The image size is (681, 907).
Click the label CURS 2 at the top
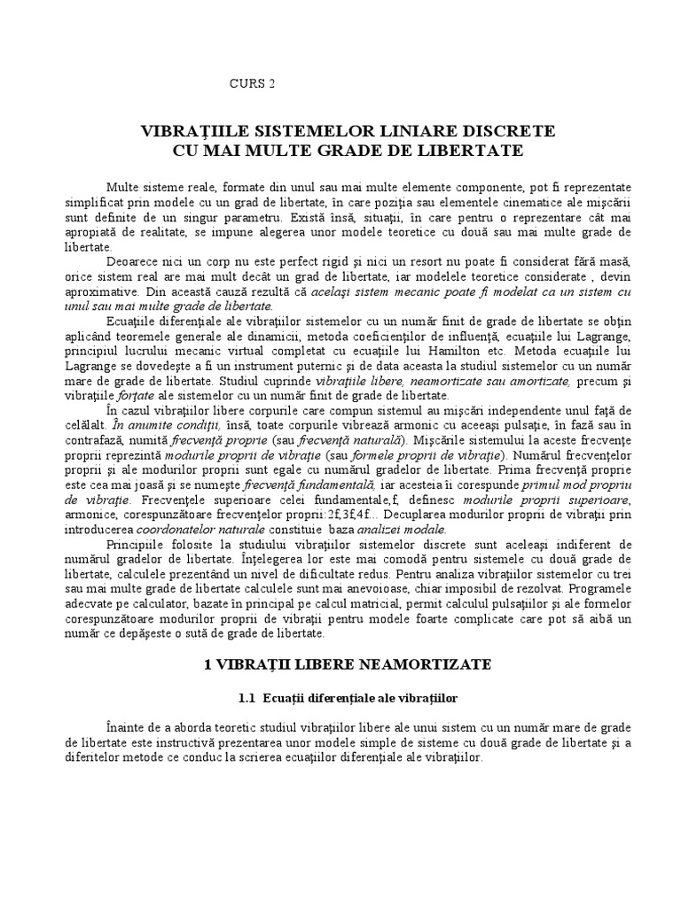[x=252, y=84]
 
